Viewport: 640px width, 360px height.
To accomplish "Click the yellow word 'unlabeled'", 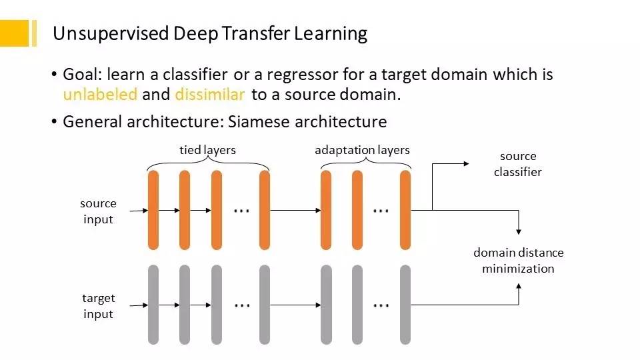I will tap(100, 95).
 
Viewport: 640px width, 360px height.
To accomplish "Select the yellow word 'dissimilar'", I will tap(210, 95).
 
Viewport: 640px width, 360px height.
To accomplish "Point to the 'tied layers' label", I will tap(207, 150).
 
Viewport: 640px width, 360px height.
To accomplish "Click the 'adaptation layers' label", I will tap(362, 150).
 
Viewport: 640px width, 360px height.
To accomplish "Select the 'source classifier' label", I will tap(518, 164).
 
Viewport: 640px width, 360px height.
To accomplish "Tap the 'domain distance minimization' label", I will tap(518, 261).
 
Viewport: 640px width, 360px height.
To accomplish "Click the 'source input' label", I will tap(99, 211).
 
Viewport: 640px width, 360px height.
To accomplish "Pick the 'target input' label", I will tap(99, 306).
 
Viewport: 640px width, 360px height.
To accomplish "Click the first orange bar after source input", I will tap(153, 210).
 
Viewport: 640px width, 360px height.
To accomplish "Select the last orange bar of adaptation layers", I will tap(405, 210).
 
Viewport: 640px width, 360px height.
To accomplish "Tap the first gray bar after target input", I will tap(153, 305).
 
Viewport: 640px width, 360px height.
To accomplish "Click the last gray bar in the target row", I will tap(405, 305).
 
